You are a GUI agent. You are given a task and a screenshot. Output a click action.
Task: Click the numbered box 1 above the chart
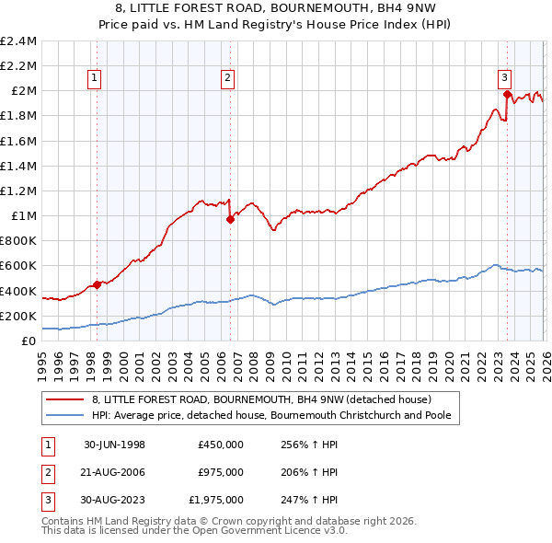(x=96, y=79)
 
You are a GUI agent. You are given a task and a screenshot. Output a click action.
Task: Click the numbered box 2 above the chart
(x=227, y=79)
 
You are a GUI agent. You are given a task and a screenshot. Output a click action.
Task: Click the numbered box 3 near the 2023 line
(x=505, y=79)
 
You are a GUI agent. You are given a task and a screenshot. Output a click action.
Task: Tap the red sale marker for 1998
(x=97, y=284)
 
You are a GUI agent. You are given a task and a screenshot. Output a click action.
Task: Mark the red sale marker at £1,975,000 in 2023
(x=507, y=94)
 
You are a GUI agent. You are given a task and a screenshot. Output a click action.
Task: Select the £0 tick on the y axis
(x=29, y=341)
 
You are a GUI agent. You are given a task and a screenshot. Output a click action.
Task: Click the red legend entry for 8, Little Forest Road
(x=267, y=399)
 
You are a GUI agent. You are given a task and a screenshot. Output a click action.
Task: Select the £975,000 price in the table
(x=220, y=472)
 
